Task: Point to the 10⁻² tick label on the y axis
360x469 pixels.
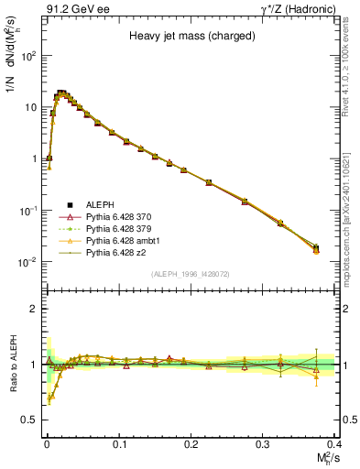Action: click(31, 262)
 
